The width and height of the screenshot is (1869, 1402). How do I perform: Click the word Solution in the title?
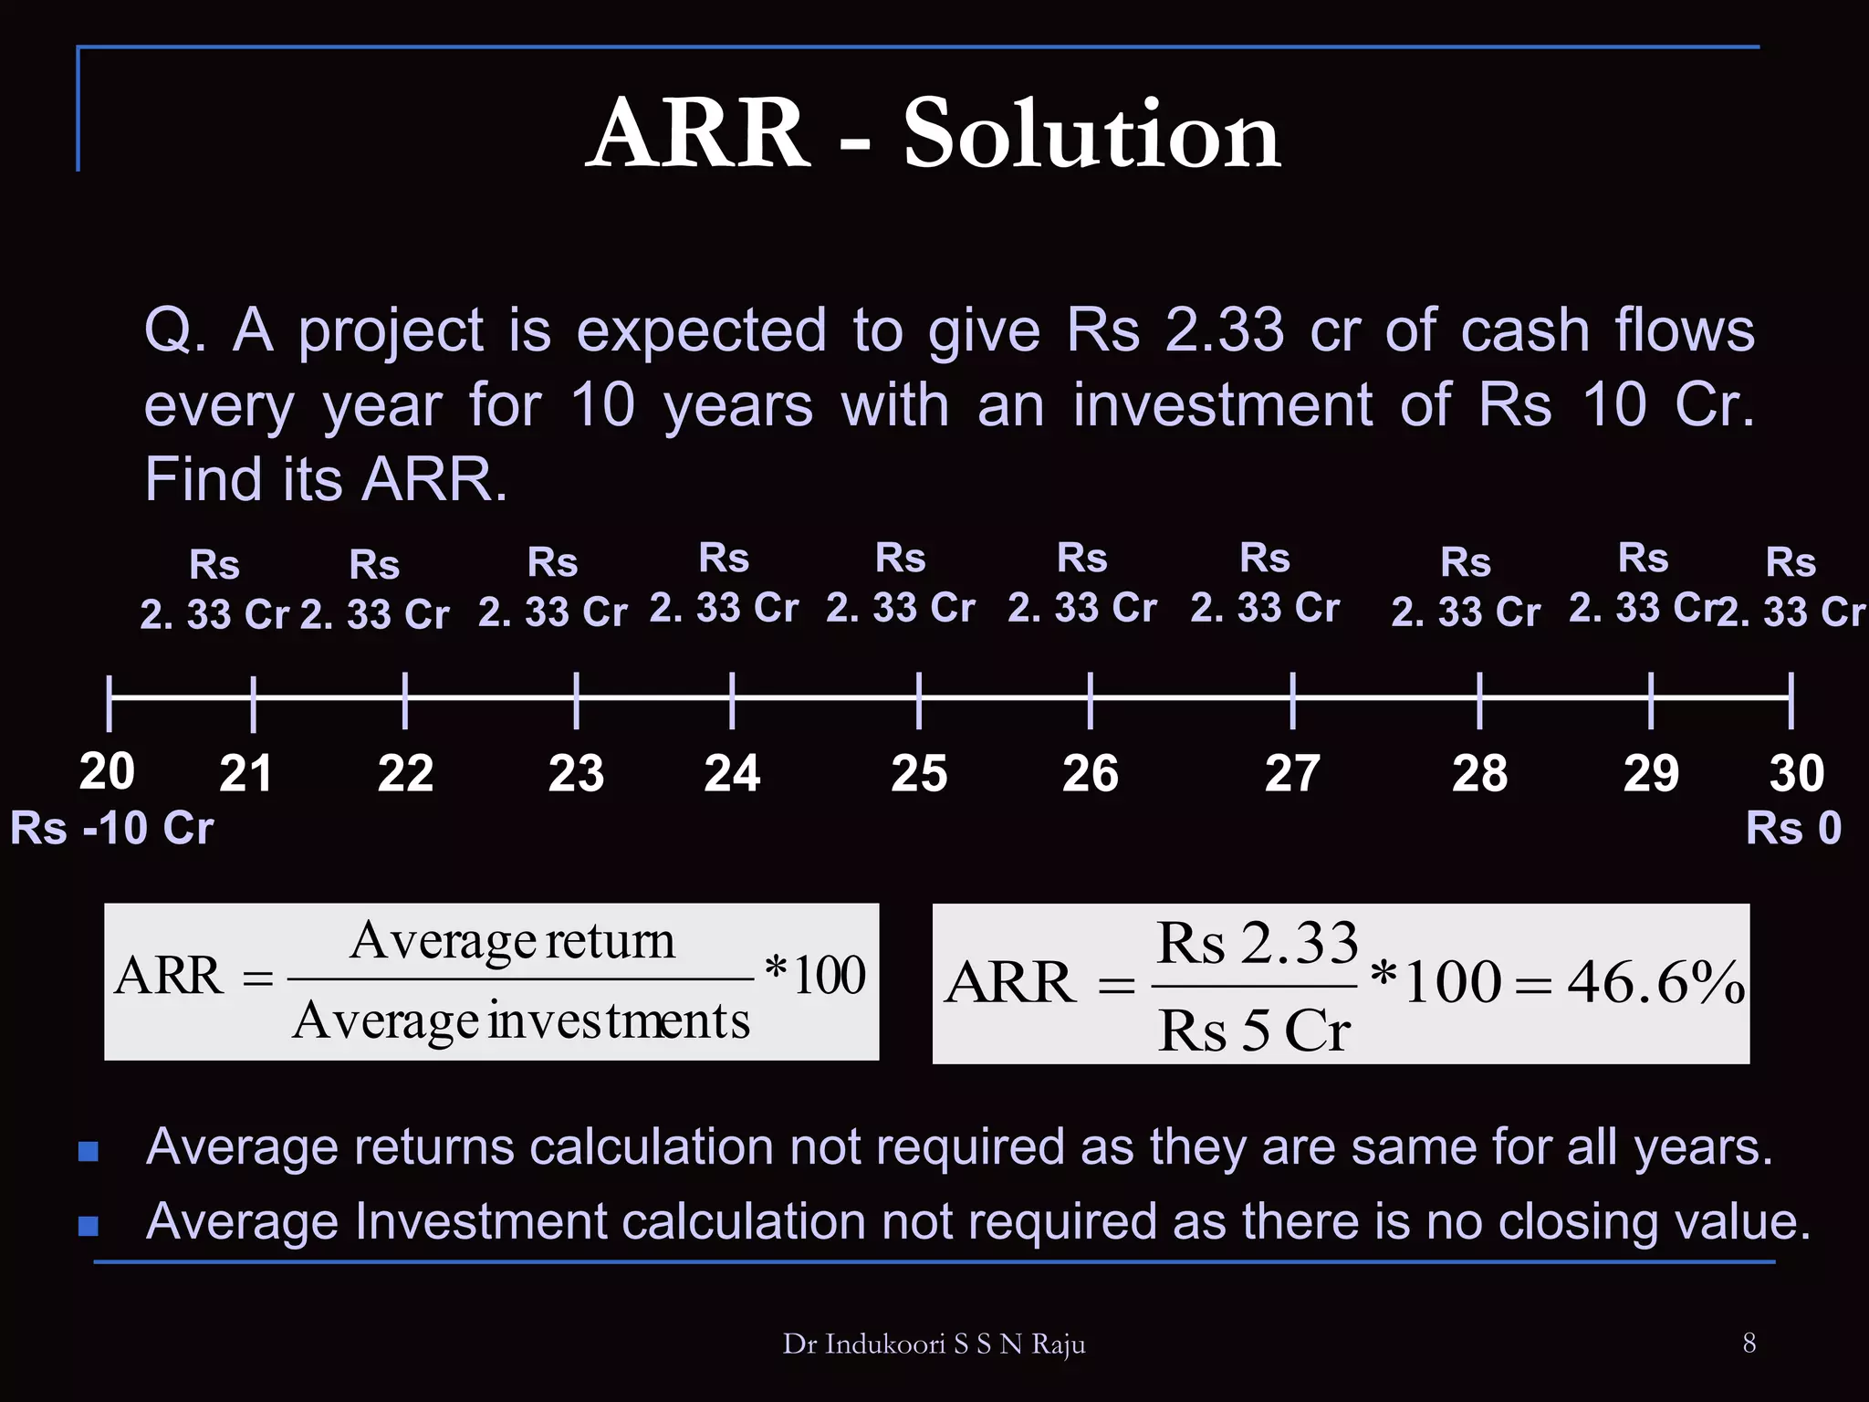[x=1091, y=135]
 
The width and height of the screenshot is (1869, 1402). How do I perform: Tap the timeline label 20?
[x=107, y=771]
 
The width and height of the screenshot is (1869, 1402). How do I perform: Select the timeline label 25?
[x=919, y=774]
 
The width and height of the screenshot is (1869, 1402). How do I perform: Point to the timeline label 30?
[x=1796, y=774]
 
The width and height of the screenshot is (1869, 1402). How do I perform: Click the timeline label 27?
[x=1292, y=774]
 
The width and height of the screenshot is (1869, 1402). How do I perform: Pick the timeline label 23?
[x=576, y=774]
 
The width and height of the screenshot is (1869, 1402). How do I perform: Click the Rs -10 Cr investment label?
[x=111, y=829]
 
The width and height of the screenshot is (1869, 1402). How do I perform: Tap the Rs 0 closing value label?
[x=1793, y=829]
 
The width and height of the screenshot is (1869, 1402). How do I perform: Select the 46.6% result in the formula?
[x=1656, y=983]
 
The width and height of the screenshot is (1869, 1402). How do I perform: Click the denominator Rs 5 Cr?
[x=1254, y=1031]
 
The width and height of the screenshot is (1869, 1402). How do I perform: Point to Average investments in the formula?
[x=521, y=1020]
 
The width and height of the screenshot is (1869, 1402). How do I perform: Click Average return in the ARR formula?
[x=512, y=940]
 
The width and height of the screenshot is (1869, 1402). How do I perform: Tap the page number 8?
[x=1749, y=1343]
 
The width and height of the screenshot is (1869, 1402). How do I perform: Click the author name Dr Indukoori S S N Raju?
[x=934, y=1344]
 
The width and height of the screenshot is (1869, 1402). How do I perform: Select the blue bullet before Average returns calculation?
[x=89, y=1150]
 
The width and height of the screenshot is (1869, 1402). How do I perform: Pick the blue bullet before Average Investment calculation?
[x=89, y=1225]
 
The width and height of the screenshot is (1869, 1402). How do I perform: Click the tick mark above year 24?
[x=732, y=700]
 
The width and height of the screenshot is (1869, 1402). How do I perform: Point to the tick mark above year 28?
[x=1479, y=700]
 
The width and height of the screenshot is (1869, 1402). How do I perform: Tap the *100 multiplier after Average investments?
[x=816, y=974]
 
